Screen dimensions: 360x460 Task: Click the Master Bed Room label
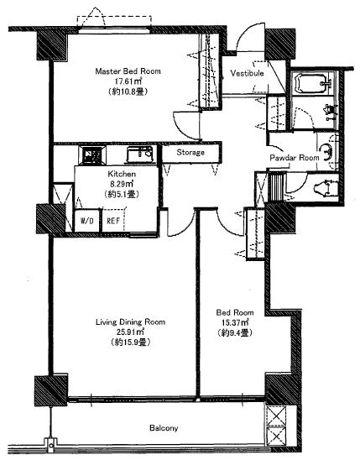coord(128,71)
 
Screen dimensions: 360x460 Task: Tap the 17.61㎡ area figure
coord(128,81)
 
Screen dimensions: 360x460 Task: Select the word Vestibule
coord(247,73)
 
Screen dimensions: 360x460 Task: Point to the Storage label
coord(190,153)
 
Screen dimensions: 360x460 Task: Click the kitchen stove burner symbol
coord(91,155)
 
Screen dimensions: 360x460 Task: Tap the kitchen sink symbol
coord(140,154)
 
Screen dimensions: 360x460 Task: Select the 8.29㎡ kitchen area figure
coord(122,184)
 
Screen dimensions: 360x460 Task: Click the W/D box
coord(87,220)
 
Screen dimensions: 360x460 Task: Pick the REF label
coord(113,221)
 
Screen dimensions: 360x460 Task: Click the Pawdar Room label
coord(294,158)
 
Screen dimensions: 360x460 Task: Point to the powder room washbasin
coord(327,152)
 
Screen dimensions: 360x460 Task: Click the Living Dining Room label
coord(130,322)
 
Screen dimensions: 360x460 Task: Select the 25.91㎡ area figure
coord(130,332)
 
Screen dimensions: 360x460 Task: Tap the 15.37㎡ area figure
coord(235,322)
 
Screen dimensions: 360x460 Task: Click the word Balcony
coord(164,428)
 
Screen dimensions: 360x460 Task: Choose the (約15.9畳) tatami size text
coord(130,342)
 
